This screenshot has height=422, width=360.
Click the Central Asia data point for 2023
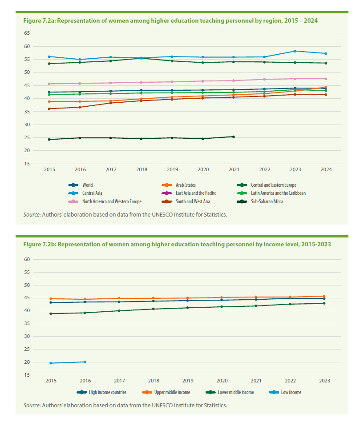tap(295, 51)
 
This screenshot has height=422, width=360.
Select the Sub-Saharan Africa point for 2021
tap(234, 137)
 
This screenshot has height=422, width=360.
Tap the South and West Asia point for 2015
tap(49, 109)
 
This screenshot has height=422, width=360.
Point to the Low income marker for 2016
tap(85, 362)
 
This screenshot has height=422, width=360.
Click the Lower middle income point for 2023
tap(324, 303)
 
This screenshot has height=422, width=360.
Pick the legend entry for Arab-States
tap(178, 185)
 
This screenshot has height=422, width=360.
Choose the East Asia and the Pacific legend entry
tap(189, 193)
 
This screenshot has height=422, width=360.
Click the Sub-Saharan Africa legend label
tap(267, 201)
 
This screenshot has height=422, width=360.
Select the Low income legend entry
tap(285, 392)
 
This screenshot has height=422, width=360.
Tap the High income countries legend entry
tap(101, 392)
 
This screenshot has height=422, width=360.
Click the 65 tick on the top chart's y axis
tap(27, 33)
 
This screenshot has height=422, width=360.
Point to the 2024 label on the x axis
tap(326, 169)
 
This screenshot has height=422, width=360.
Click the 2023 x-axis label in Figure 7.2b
tap(324, 381)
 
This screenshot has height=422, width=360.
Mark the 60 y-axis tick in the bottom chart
tap(27, 259)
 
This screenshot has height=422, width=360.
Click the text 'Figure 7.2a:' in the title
tap(39, 21)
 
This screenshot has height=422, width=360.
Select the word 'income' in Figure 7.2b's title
tap(272, 245)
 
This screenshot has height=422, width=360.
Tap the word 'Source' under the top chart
tap(32, 215)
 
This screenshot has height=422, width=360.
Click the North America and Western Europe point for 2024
tap(326, 79)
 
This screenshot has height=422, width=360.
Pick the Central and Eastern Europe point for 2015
tap(49, 64)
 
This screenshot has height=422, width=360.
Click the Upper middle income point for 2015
tap(51, 299)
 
